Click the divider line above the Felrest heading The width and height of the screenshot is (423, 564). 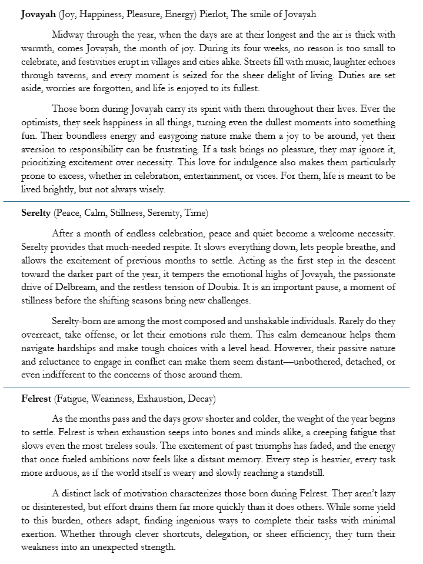(x=211, y=388)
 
